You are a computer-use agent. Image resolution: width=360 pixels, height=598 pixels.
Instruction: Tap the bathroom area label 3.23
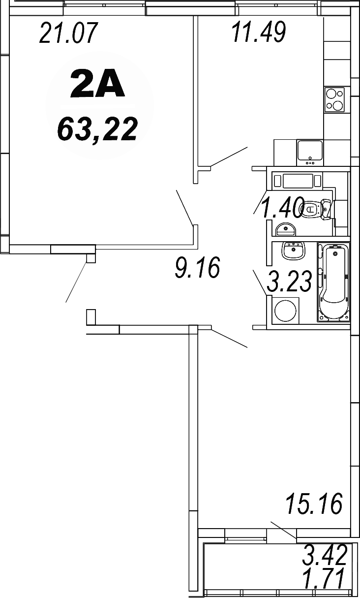289,282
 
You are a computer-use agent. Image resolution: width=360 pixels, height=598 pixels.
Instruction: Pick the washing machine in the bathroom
286,311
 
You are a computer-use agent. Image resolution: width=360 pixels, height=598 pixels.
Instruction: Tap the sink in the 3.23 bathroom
294,251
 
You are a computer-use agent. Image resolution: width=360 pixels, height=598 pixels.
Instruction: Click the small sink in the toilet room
285,229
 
